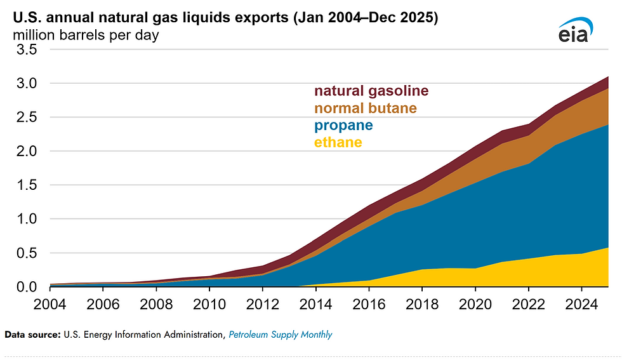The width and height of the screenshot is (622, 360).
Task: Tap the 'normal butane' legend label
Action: point(366,108)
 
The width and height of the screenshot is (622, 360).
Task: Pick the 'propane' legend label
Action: point(343,125)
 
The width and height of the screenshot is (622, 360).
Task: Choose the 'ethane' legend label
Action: point(338,142)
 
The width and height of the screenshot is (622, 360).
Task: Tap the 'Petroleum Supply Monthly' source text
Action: point(281,334)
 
